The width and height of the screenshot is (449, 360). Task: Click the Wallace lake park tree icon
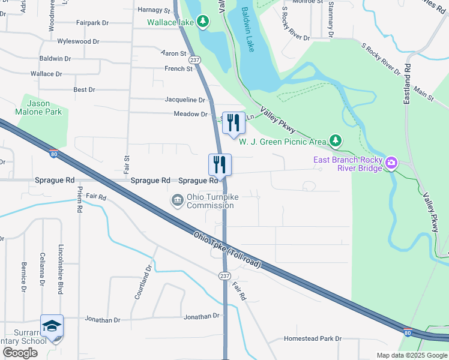203,22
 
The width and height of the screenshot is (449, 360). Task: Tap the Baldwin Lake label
248,29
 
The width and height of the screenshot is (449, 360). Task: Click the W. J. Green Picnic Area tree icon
336,142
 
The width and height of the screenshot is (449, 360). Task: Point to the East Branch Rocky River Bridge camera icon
391,163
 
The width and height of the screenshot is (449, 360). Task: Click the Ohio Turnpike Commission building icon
177,200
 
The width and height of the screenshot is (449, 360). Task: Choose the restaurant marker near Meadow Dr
233,123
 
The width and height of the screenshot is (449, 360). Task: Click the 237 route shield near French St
194,60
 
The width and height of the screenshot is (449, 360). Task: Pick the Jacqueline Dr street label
185,100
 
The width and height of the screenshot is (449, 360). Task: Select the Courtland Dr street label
142,285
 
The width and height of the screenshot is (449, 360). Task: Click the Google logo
20,353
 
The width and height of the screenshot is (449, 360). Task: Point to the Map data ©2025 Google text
411,355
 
